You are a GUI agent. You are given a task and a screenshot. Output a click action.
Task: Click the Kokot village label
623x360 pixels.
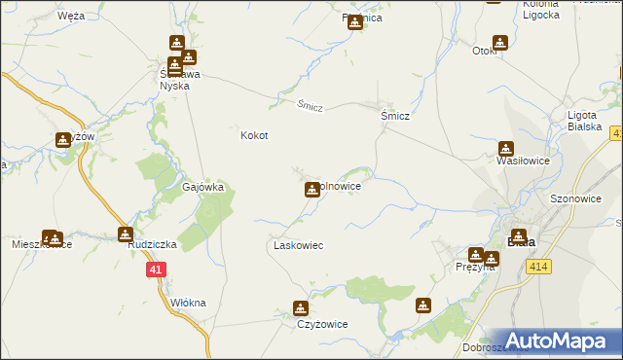[254, 136]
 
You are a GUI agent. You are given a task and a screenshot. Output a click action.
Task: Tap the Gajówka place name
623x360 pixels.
[203, 187]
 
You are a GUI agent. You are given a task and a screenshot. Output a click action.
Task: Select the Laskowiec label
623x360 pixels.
[297, 245]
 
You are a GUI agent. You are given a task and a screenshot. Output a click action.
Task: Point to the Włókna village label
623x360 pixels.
[188, 303]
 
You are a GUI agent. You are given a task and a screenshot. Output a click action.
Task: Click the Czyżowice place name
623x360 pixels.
[322, 324]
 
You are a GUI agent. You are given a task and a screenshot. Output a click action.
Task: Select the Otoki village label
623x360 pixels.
[486, 51]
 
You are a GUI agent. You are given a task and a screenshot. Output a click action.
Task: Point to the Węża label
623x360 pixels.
[70, 17]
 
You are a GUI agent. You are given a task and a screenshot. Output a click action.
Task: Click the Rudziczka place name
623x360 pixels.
[150, 245]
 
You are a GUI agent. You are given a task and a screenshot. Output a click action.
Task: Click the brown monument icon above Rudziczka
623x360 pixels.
[126, 234]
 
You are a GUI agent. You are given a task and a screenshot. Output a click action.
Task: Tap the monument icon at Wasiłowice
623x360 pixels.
[506, 149]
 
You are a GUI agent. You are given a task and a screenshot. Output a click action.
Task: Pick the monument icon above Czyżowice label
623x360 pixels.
[301, 309]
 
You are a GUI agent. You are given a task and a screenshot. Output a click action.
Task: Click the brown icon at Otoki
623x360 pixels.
[500, 43]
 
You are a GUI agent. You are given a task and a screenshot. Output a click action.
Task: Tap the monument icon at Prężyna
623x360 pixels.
[475, 255]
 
